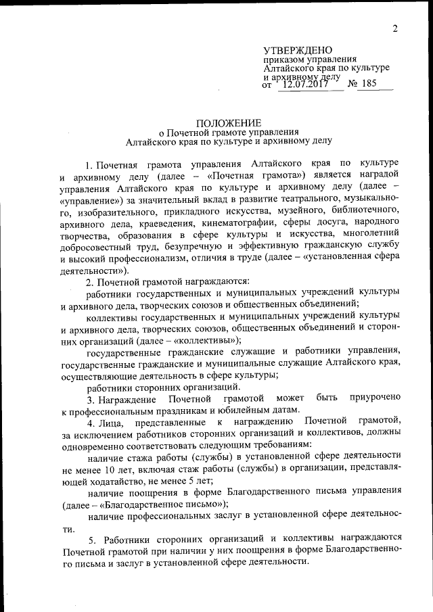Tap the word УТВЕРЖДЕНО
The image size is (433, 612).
tap(298, 51)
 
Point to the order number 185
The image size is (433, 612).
tap(372, 85)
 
